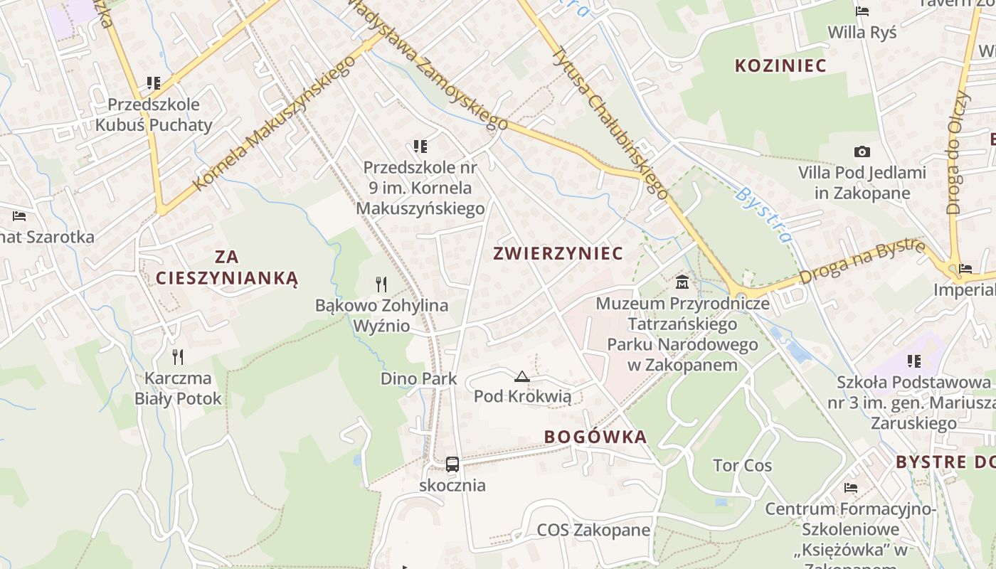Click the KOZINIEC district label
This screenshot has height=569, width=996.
[780, 66]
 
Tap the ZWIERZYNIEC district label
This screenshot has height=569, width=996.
[558, 253]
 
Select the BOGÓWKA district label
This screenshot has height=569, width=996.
[595, 437]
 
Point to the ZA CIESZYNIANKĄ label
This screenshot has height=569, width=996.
[227, 267]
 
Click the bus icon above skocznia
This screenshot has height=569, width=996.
[452, 464]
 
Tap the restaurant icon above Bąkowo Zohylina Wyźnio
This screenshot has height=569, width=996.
[381, 284]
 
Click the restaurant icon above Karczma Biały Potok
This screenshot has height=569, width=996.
[178, 357]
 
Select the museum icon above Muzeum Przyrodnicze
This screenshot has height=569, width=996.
[682, 282]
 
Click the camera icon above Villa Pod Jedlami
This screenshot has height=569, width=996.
[862, 151]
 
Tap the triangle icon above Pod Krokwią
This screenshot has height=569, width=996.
[522, 376]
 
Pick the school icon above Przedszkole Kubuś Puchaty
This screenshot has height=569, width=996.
[153, 83]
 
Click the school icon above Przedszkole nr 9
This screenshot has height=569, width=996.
[420, 147]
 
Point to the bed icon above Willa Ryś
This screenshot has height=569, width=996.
[862, 11]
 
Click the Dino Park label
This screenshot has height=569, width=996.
[418, 378]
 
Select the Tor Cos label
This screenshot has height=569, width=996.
[742, 466]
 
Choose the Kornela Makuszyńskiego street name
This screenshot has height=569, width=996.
[274, 123]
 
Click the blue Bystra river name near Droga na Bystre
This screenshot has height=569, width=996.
[763, 214]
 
